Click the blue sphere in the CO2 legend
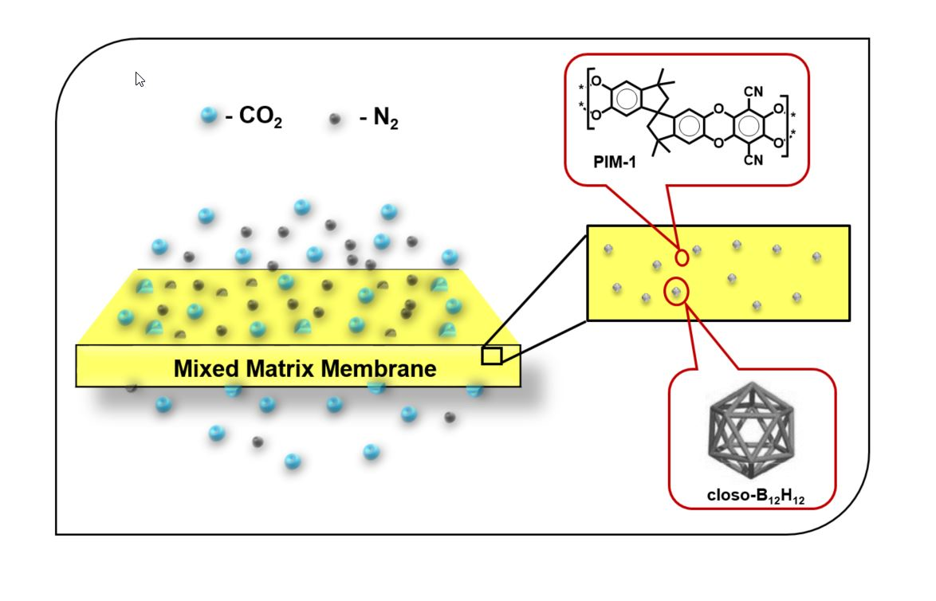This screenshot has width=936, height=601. coord(209,116)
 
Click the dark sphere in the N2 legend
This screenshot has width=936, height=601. coord(336,119)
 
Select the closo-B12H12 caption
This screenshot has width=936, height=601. coord(755,495)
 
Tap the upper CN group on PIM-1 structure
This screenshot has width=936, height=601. coord(753,92)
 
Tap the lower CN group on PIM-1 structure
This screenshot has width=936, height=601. coord(753,160)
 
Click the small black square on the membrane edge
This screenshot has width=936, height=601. coord(492,355)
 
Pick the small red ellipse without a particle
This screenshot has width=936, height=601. coord(682,257)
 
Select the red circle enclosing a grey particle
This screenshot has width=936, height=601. coord(676,293)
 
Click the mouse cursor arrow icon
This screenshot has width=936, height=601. coord(140,79)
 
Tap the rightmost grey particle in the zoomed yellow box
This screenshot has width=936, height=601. coord(816,257)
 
